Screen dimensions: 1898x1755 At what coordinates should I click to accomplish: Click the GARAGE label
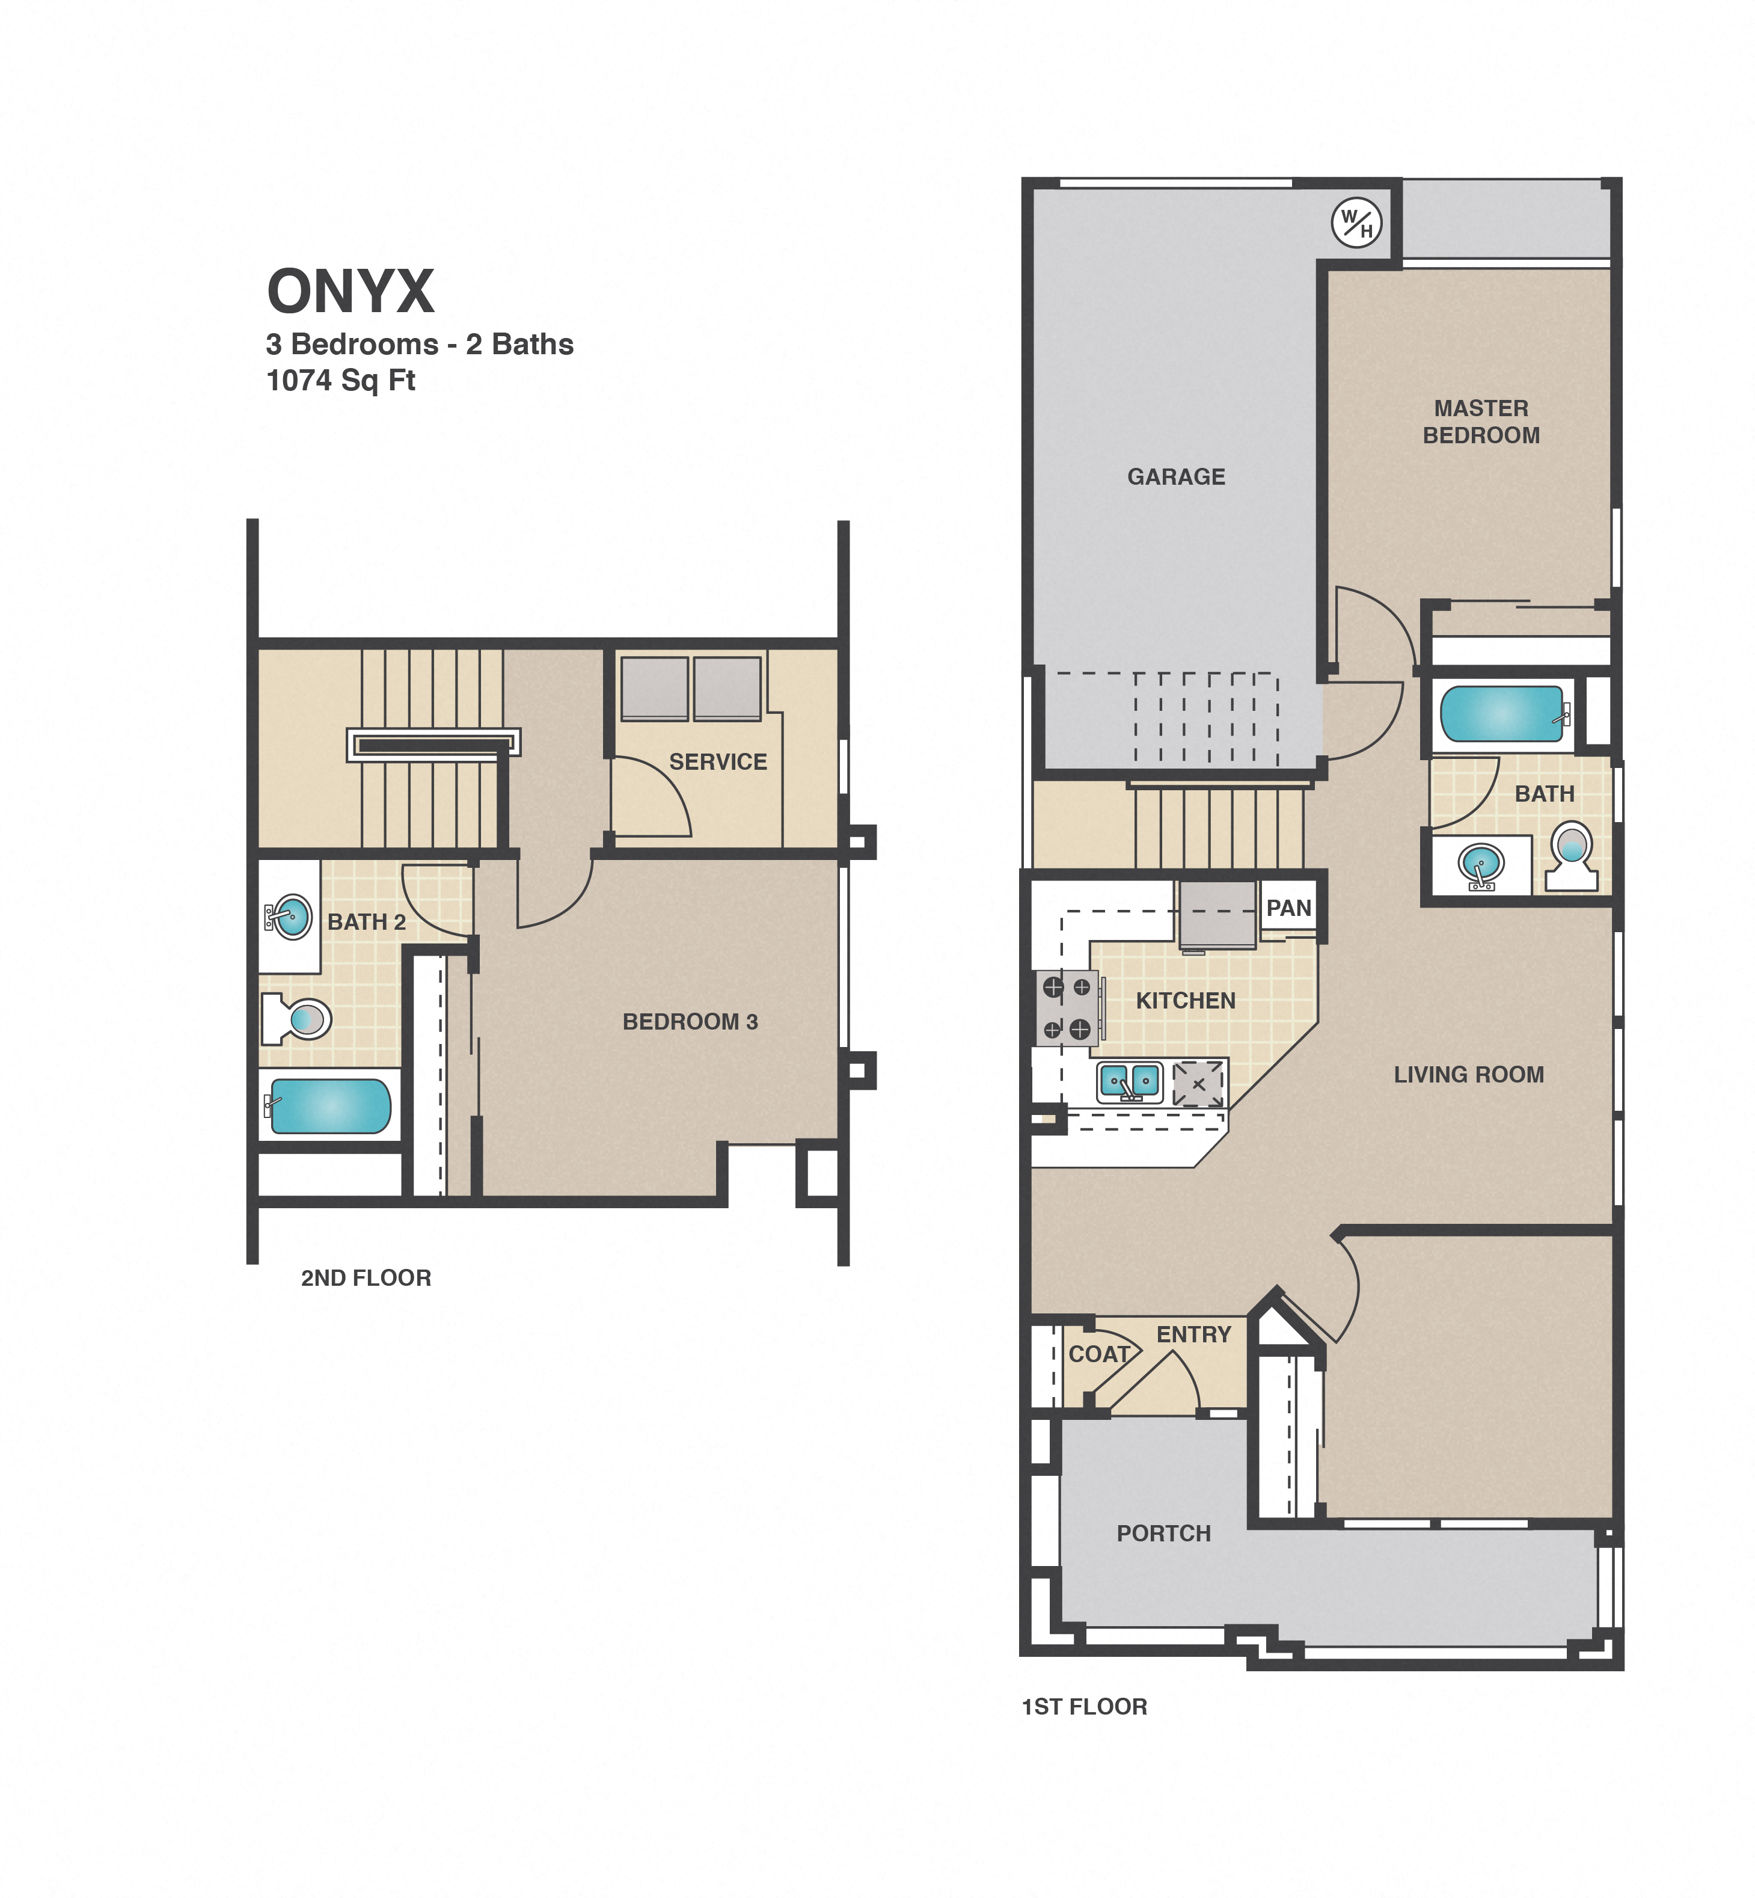pos(1175,477)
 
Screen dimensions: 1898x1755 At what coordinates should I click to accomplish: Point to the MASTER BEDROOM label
pos(1481,422)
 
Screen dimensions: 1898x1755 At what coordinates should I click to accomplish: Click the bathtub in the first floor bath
pos(1501,713)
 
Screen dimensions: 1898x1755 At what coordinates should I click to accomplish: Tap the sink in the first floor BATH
pos(1481,864)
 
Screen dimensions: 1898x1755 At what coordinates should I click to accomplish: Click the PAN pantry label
pos(1288,908)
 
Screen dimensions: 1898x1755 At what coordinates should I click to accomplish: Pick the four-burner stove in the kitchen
pos(1067,1008)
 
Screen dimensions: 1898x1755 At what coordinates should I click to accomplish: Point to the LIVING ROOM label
pos(1468,1075)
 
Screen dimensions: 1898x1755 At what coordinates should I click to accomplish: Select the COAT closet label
pos(1099,1354)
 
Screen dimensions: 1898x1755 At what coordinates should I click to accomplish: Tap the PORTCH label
pos(1163,1533)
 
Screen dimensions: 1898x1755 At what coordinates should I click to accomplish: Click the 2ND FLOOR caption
pos(366,1278)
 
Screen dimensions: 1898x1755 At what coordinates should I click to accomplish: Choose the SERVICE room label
pos(718,762)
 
